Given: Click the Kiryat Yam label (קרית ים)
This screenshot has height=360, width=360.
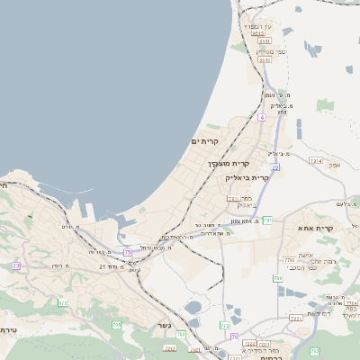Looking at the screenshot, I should [205, 141].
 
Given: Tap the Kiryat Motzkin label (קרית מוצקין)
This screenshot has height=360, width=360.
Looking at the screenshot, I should [228, 163].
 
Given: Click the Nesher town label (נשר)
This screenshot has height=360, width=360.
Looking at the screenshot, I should [165, 326].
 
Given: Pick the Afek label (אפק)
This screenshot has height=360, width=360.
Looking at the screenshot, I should [335, 165].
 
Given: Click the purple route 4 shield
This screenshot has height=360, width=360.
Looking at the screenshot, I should [261, 117].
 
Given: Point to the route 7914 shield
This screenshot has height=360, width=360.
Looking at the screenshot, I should [315, 160].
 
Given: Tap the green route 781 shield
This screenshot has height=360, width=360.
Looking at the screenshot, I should [267, 220].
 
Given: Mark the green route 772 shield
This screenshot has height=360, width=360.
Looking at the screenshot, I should [225, 325].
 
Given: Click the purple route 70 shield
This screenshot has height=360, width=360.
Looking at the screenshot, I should [234, 336].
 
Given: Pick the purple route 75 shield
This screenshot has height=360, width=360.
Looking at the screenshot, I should [128, 253].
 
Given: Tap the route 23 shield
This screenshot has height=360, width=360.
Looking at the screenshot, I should [15, 266].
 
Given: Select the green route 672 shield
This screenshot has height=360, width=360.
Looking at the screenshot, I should [63, 303].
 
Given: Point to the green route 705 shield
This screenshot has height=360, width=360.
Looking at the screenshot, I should [116, 324].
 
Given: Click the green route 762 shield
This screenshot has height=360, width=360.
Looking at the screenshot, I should [295, 318].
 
